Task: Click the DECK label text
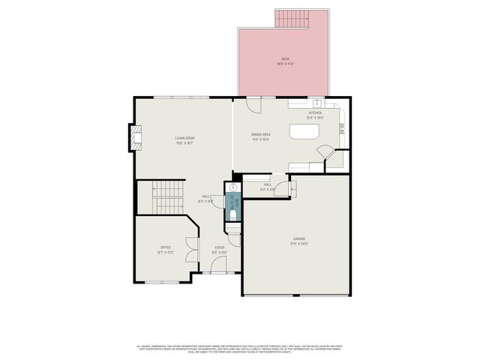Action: [285, 58]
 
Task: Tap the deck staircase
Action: [292, 18]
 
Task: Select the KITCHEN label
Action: [315, 112]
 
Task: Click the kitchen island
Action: [304, 132]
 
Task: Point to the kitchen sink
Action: [316, 103]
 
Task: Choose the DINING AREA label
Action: [261, 134]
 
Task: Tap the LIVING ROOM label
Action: [185, 138]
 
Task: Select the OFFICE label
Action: [165, 247]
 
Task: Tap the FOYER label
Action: [220, 247]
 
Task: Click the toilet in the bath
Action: [232, 216]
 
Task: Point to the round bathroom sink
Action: [233, 188]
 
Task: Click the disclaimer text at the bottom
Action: [239, 349]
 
